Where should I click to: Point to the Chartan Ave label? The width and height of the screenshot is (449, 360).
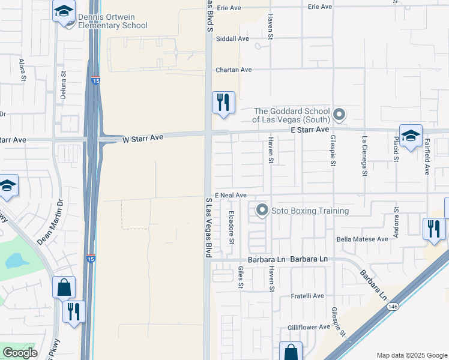point(234,70)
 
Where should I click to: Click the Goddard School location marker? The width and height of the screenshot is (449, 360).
point(339,114)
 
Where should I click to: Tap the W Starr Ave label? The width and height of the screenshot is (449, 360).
point(143,138)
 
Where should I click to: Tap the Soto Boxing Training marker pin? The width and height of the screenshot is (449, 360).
point(262,211)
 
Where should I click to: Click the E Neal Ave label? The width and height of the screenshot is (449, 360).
point(231,195)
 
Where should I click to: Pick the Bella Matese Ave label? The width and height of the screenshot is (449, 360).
point(362,239)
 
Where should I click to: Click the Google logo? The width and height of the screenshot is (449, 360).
point(20,353)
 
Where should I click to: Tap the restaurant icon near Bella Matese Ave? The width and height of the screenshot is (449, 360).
point(433,229)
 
